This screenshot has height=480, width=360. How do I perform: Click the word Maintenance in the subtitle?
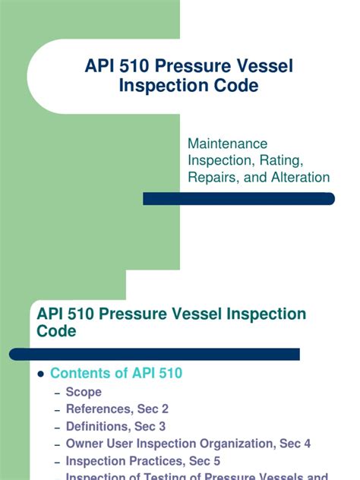(228, 143)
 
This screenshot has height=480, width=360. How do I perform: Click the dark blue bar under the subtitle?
(238, 199)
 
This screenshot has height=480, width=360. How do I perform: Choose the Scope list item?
(84, 393)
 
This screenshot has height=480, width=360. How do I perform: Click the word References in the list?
(98, 409)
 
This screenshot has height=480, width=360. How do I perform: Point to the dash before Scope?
(58, 393)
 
